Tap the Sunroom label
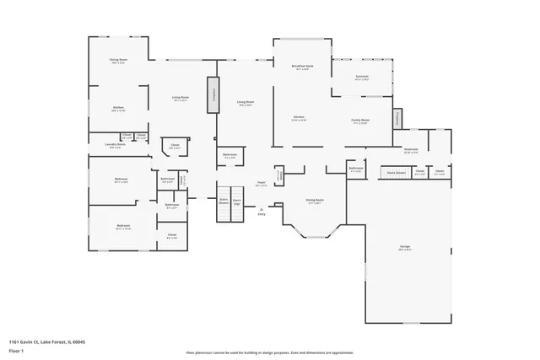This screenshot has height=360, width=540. (362, 78)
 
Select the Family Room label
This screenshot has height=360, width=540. (360, 121)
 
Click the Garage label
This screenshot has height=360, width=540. (405, 248)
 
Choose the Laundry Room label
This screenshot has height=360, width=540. (116, 145)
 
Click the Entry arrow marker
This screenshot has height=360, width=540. (262, 214)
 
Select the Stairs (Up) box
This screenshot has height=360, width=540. (237, 202)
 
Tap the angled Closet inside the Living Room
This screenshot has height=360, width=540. (175, 147)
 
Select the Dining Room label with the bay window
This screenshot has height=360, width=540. (315, 201)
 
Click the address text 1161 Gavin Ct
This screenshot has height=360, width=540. (47, 341)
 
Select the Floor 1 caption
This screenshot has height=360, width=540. (16, 349)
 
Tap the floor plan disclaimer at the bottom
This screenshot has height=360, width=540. (270, 352)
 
